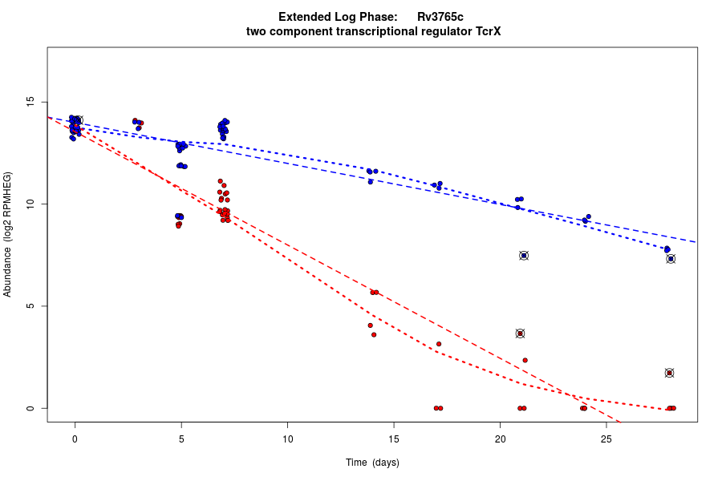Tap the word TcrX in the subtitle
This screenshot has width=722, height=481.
(486, 31)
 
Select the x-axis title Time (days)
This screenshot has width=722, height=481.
(372, 463)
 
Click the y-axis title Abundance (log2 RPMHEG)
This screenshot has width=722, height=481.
(8, 234)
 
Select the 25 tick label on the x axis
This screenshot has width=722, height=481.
(606, 439)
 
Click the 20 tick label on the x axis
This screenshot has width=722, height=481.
(500, 439)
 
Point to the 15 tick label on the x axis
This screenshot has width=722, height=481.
(394, 439)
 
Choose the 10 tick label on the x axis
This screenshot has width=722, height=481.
(287, 439)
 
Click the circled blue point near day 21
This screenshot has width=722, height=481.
(524, 256)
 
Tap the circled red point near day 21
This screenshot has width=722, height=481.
(520, 333)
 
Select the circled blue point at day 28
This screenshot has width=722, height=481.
(671, 259)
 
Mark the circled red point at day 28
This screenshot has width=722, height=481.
(669, 373)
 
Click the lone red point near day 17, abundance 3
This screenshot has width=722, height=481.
(439, 344)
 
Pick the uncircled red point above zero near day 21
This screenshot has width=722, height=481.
(525, 360)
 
